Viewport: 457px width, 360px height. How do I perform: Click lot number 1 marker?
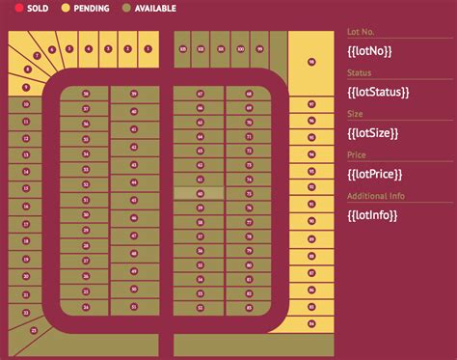[147, 47]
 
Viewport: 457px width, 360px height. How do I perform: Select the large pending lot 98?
[310, 62]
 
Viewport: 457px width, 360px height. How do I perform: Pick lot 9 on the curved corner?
[26, 88]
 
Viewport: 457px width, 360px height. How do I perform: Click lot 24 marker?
[86, 308]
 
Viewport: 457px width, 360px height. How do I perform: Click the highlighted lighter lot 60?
[200, 193]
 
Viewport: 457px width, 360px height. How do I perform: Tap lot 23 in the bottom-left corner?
[35, 329]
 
